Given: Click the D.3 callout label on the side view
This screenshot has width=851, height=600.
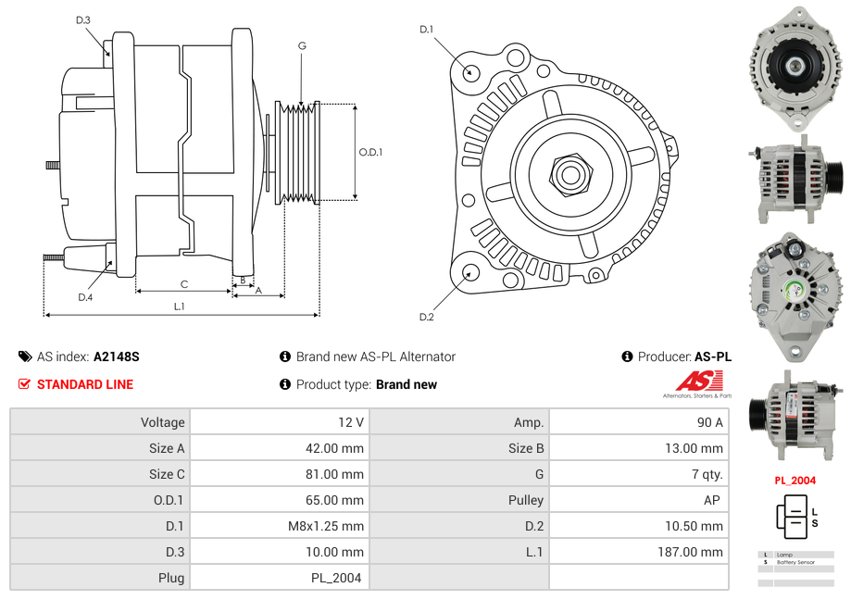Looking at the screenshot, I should coord(83,20).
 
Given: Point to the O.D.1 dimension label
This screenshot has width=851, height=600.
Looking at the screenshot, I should coord(370,153).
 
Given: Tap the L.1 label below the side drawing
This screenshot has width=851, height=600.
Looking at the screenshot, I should coord(180,306).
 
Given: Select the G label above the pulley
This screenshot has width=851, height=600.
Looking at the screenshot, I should coord(302,45).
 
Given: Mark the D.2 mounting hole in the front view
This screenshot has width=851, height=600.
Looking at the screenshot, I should coord(469,272).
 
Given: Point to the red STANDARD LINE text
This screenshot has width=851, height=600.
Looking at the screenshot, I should coord(85,384).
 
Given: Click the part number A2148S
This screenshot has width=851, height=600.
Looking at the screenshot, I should coord(116,356).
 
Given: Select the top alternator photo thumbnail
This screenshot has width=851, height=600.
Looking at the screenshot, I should coord(795,67).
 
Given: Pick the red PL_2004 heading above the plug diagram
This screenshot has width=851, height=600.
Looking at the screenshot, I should coord(795,481).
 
